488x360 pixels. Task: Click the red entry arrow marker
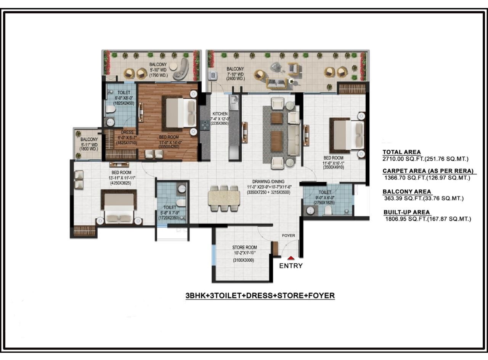pos(291,258)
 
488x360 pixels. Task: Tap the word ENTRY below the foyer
pos(291,266)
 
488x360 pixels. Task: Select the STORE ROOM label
pos(244,247)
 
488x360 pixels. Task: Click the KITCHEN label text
pos(220,114)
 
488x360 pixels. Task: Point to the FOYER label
pos(288,235)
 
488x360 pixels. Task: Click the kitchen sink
pos(234,103)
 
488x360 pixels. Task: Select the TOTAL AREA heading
pos(401,152)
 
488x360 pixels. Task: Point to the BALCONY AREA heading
pos(407,192)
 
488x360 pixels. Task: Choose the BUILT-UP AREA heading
pos(406,212)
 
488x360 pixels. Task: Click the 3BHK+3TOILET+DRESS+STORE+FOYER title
pos(260,296)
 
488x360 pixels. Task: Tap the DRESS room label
pos(127,133)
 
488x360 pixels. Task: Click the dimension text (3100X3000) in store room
pos(244,260)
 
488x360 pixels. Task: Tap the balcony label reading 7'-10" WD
pos(233,74)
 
